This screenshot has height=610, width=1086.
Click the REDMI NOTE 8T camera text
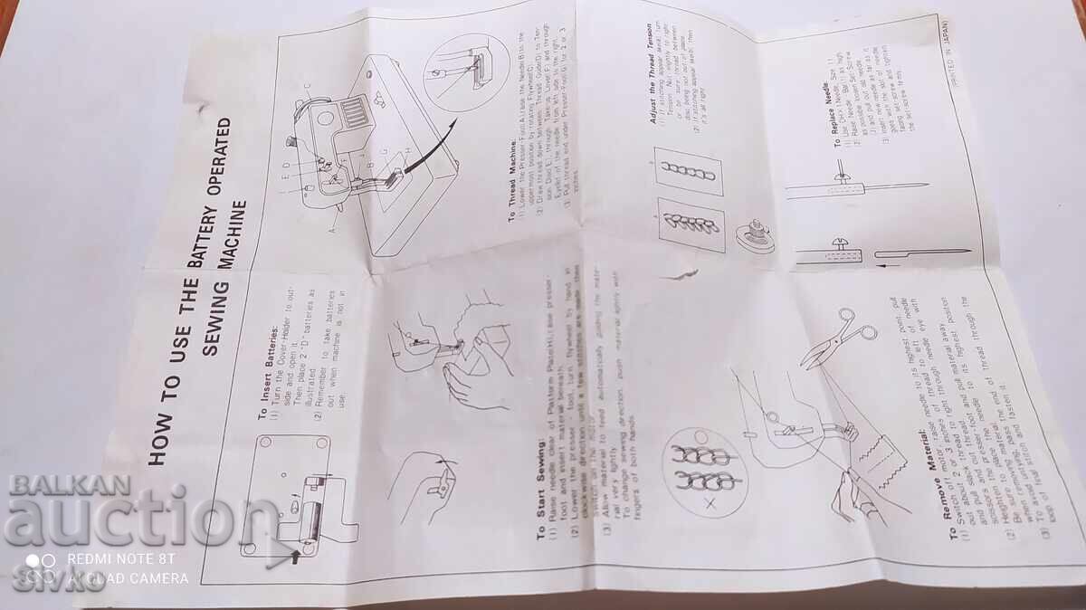pos(118,560)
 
